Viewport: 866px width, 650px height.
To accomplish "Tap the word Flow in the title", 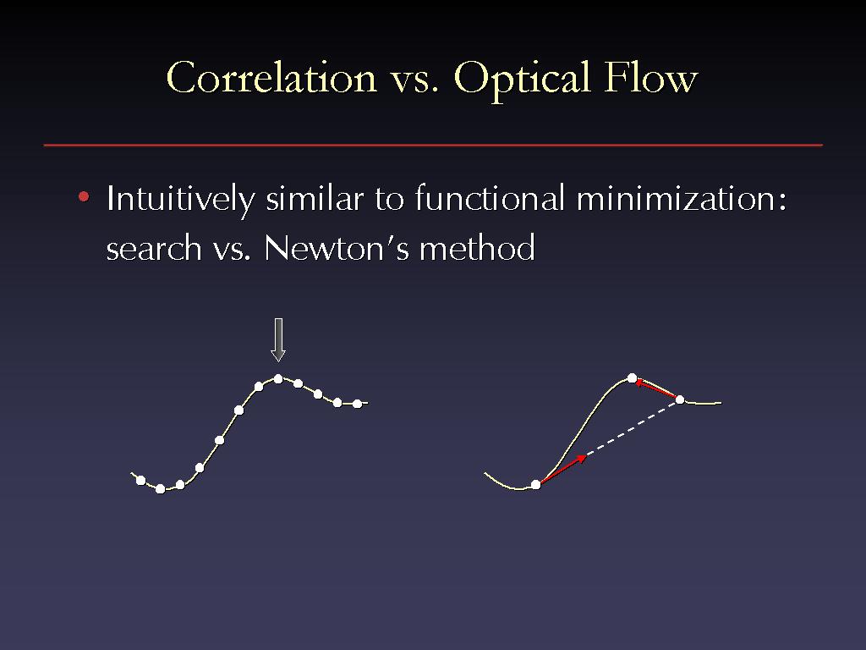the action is (650, 77).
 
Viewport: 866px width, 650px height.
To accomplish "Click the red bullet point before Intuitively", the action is (84, 196).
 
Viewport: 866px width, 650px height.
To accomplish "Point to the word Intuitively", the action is (181, 198).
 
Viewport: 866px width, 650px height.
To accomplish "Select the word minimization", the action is (682, 198).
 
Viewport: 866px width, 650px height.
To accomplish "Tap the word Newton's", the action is (337, 247).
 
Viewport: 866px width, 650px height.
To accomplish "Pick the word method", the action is (477, 247).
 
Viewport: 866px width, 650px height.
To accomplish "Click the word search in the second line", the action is (154, 248).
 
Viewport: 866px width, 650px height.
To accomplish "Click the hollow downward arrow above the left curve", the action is (278, 340).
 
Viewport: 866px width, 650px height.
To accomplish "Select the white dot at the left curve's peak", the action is (278, 378).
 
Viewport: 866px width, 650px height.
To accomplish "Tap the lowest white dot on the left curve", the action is (160, 488).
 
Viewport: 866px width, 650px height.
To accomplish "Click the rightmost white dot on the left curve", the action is (358, 404).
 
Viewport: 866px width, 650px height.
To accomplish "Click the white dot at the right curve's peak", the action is (633, 378).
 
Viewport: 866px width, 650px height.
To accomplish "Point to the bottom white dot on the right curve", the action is (535, 485).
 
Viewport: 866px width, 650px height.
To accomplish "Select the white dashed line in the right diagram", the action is (633, 427).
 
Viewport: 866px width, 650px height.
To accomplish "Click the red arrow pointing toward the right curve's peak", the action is (656, 388).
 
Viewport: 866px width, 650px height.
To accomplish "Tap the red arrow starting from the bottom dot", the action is (563, 469).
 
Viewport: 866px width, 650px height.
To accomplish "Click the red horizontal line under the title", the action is (433, 146).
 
